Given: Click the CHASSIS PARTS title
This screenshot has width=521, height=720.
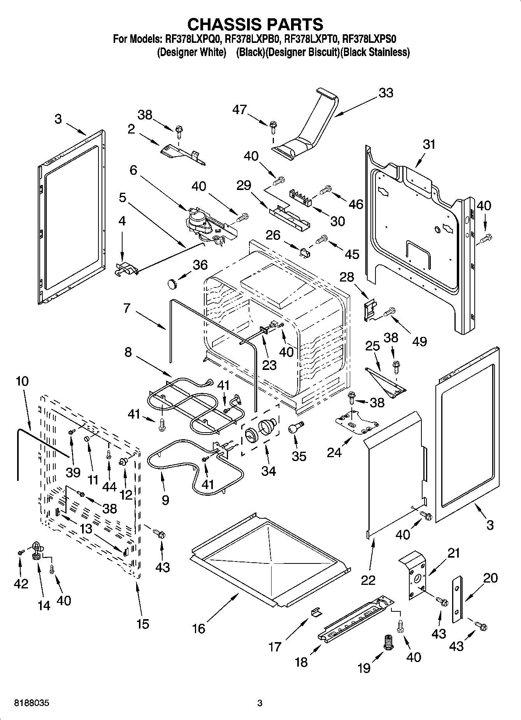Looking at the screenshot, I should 255,25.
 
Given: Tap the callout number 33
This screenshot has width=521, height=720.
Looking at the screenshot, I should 386,93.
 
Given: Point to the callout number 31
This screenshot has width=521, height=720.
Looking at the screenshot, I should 429,144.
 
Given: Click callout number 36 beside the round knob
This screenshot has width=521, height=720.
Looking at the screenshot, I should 200,265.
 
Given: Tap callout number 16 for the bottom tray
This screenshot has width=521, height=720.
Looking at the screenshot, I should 198,628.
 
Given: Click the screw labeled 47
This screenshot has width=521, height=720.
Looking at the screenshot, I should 273,125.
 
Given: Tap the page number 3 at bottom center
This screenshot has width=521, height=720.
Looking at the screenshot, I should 260,703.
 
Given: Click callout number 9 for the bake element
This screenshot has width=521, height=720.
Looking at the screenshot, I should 165,500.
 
